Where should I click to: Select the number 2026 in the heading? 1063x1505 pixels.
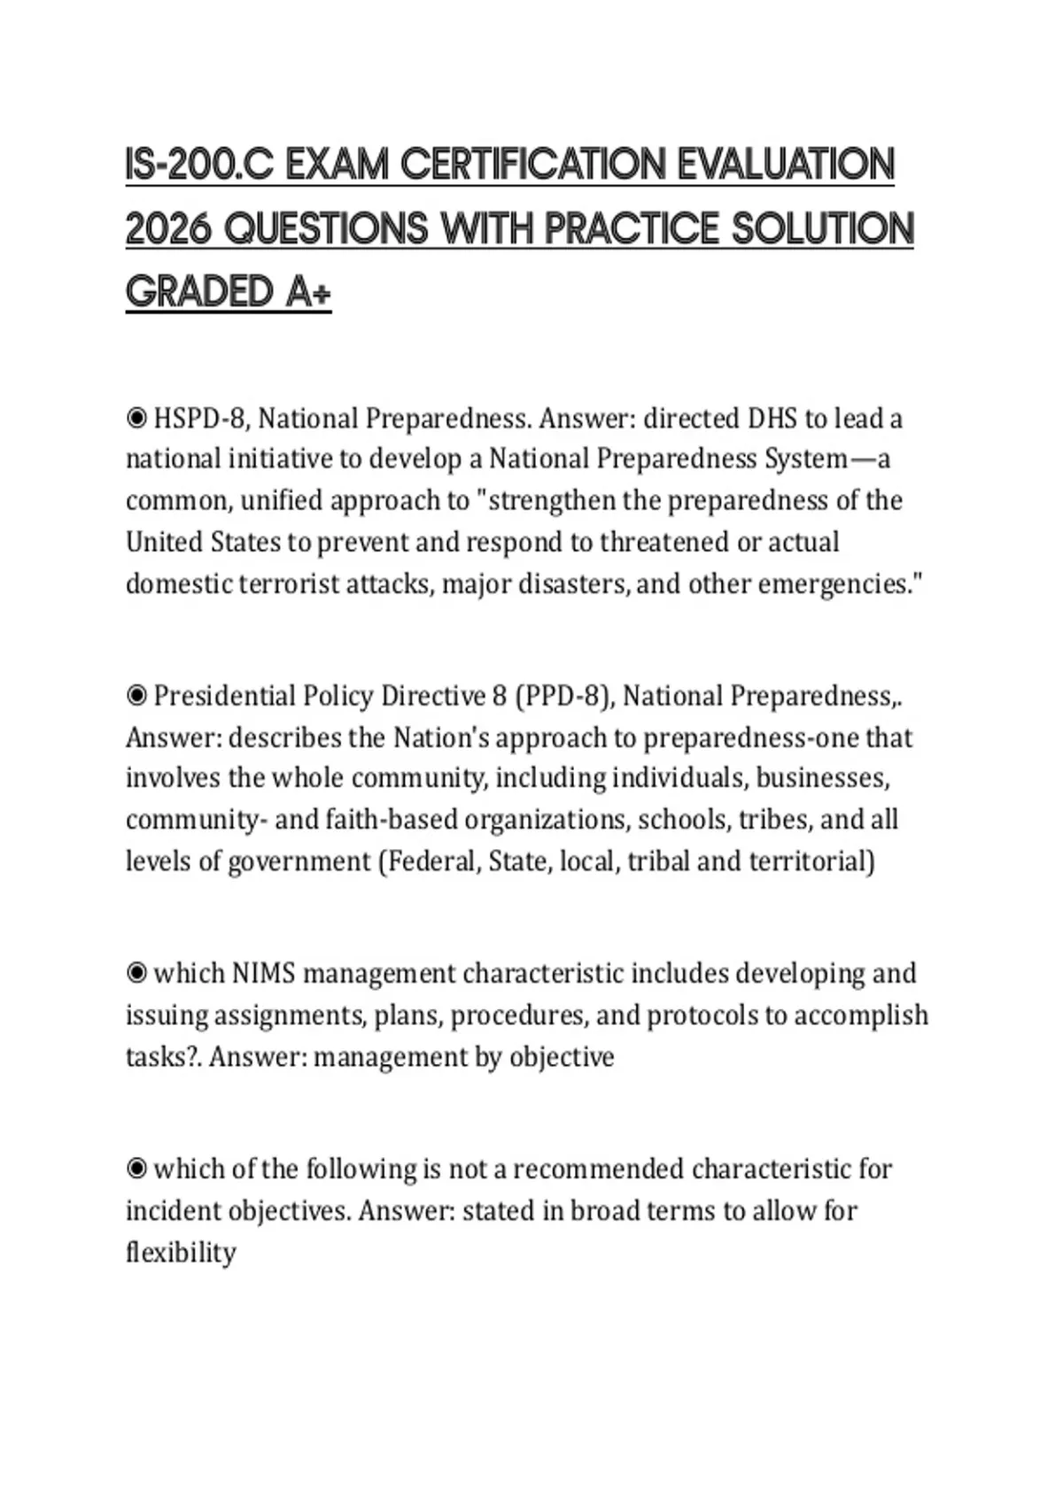169,229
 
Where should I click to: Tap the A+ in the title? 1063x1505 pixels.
308,292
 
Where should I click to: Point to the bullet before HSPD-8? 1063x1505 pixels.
136,418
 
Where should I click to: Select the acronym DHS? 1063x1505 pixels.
772,418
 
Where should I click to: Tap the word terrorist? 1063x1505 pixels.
289,584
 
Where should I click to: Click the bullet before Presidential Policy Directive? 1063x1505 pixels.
136,696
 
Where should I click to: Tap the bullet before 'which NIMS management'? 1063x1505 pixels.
136,973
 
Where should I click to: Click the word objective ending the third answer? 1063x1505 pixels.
561,1057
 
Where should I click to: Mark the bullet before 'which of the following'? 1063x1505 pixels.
136,1169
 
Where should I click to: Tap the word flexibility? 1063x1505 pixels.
181,1253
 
